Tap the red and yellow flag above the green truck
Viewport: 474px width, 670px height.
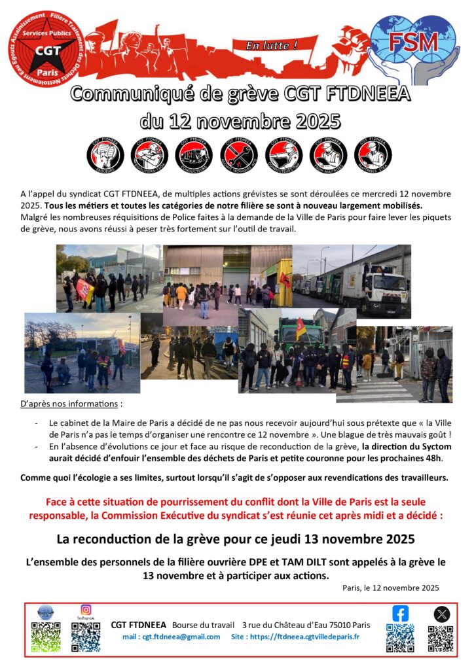point(301,328)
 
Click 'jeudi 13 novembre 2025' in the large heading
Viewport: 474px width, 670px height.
point(332,540)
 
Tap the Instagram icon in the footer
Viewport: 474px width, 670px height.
point(86,610)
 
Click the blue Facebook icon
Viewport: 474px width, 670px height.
point(400,613)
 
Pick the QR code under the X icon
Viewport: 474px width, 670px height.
point(441,639)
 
